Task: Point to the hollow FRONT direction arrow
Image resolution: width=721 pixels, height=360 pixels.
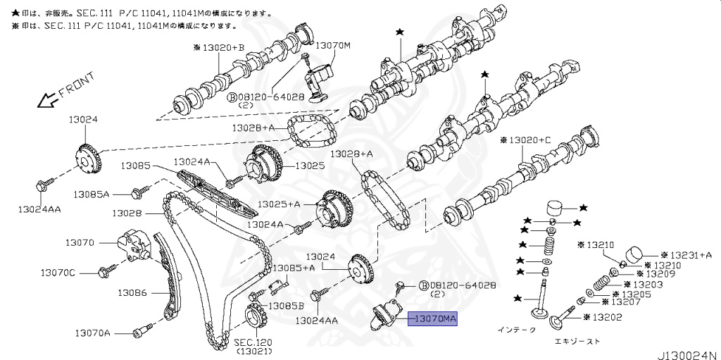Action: click(49, 99)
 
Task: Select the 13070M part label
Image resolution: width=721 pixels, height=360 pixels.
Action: click(332, 46)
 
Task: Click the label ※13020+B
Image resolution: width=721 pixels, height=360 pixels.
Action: click(218, 48)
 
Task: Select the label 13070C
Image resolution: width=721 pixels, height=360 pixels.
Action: click(58, 272)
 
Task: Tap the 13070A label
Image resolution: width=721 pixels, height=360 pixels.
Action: click(93, 332)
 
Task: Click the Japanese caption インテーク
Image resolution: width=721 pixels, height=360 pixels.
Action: click(516, 329)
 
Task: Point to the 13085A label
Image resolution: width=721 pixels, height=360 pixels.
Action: click(93, 193)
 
